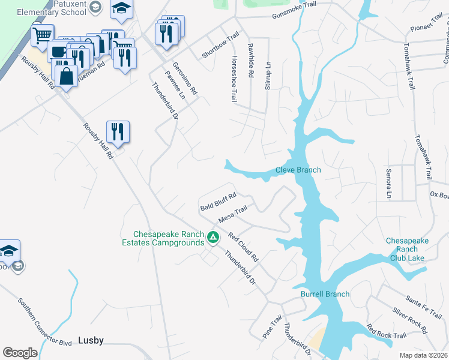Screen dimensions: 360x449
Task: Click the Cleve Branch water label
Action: [x=298, y=170]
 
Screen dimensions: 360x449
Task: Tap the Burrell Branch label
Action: [x=325, y=294]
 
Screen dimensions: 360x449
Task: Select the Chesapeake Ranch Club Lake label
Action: [x=407, y=249]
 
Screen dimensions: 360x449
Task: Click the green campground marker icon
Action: [x=212, y=238]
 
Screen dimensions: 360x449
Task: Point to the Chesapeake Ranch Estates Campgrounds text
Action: [x=169, y=238]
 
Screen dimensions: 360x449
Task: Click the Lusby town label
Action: [x=91, y=341]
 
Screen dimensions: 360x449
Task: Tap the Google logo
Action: [x=20, y=353]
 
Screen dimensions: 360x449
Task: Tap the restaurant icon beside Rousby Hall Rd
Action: [x=118, y=131]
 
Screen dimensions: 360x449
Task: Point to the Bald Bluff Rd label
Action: [x=218, y=202]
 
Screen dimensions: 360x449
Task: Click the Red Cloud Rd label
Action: [x=243, y=247]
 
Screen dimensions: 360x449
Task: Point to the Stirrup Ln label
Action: [x=268, y=76]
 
